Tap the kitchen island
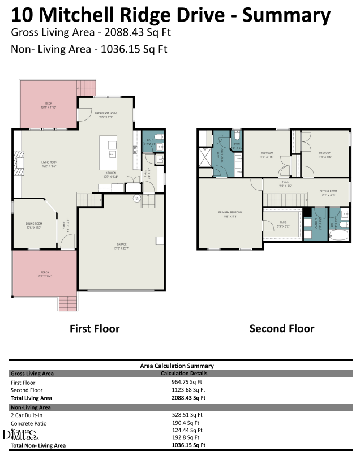pos(108,149)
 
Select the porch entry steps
pos(67,304)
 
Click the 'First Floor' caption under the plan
pos(95,328)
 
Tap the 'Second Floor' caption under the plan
pos(282,328)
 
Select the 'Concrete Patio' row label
pos(28,423)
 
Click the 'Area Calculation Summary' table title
pos(177,366)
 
